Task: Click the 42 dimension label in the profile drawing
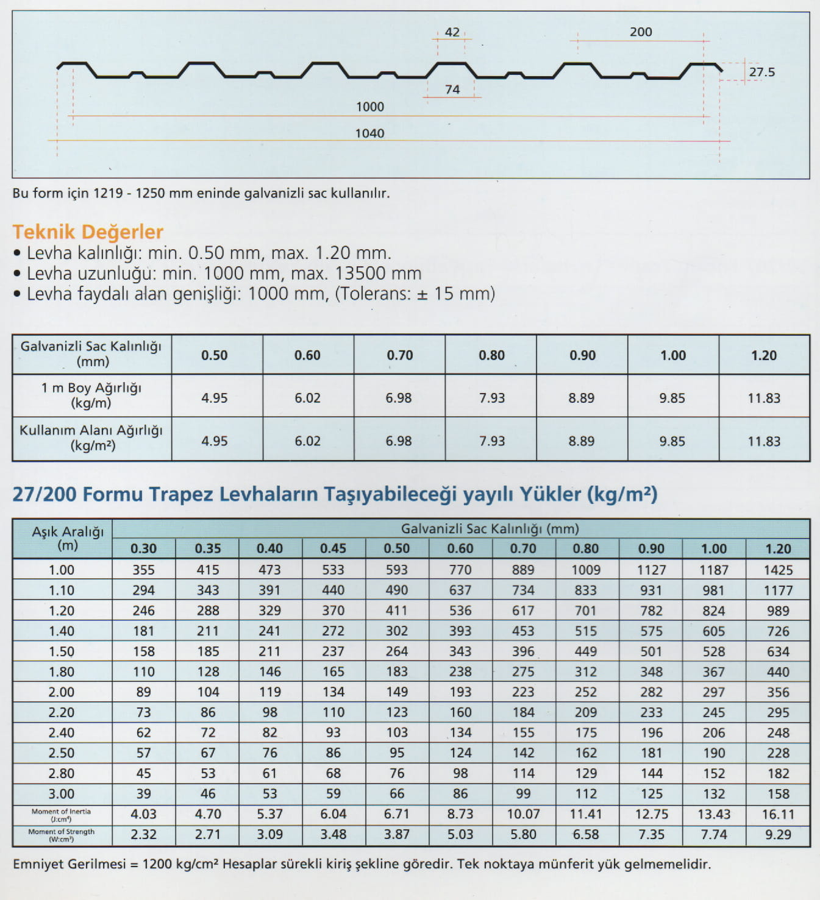452,32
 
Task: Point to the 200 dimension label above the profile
640,32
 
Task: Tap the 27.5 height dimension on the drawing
761,72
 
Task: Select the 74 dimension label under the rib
452,90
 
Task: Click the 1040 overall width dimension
369,133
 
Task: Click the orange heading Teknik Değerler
88,232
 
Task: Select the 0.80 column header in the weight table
491,355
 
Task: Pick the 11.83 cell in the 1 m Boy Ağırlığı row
764,398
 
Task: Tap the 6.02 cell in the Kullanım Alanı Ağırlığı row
307,441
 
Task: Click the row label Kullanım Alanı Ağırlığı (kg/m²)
91,438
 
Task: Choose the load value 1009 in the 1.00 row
585,570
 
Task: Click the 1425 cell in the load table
778,570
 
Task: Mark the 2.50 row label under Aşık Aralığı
62,753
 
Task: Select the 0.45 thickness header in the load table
333,548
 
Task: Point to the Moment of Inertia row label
62,815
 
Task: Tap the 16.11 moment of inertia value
778,814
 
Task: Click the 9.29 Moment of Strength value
778,834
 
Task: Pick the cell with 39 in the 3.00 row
143,793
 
